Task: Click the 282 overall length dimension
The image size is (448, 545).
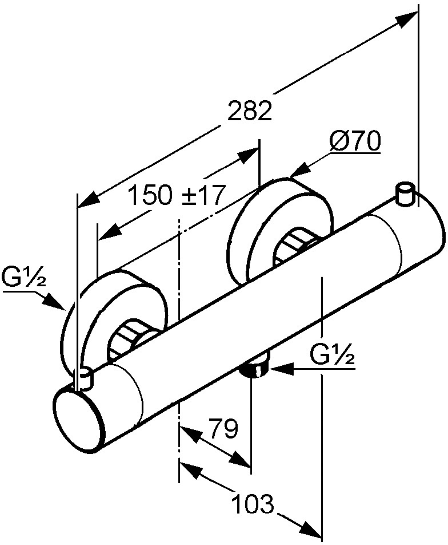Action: point(249,110)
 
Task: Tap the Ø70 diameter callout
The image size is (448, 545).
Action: point(355,141)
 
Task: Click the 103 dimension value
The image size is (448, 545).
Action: point(253,503)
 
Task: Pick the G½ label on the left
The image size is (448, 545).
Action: point(23,278)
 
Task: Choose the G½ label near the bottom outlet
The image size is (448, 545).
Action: point(332,354)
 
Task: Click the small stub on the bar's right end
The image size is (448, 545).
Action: point(405,194)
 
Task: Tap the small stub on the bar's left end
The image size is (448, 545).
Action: point(85,378)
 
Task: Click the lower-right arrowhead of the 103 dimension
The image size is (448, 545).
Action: point(309,528)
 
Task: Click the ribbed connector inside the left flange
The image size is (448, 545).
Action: point(130,338)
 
